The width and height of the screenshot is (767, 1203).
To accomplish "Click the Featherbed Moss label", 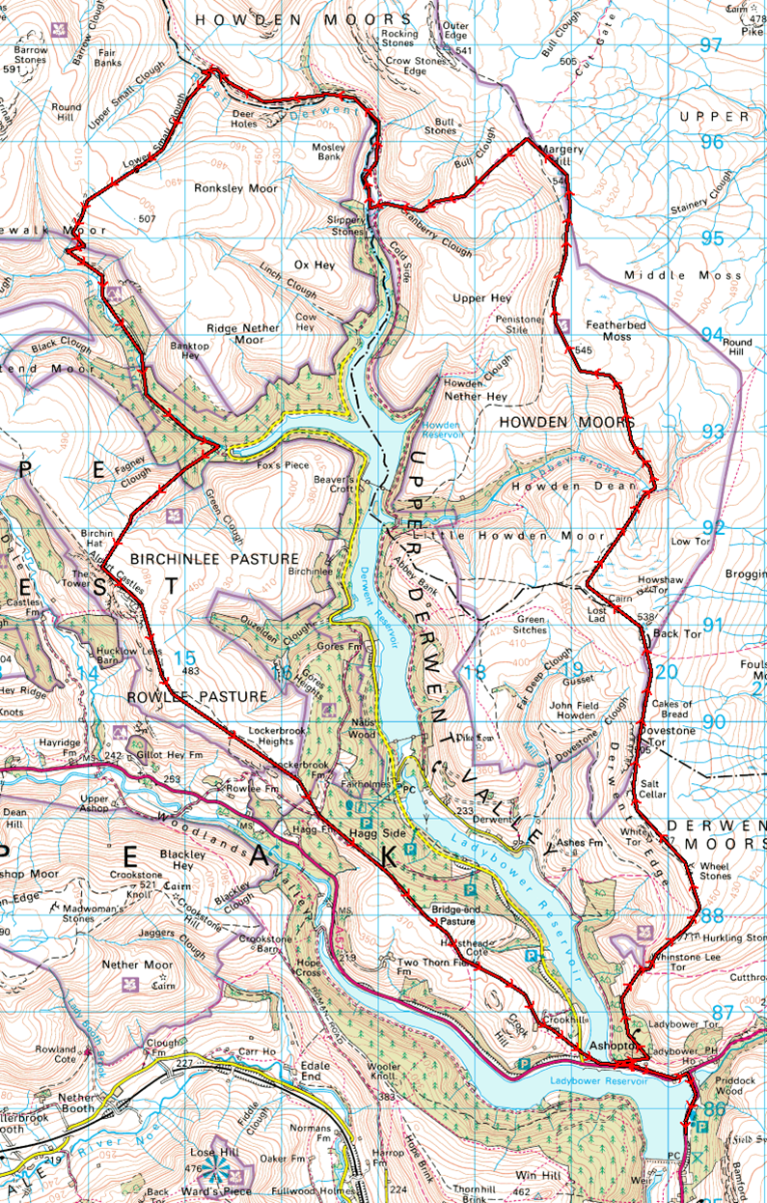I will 604,331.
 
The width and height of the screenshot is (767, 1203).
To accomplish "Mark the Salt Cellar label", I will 653,787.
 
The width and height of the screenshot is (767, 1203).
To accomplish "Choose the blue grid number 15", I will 183,657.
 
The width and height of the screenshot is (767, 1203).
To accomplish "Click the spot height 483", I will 189,671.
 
